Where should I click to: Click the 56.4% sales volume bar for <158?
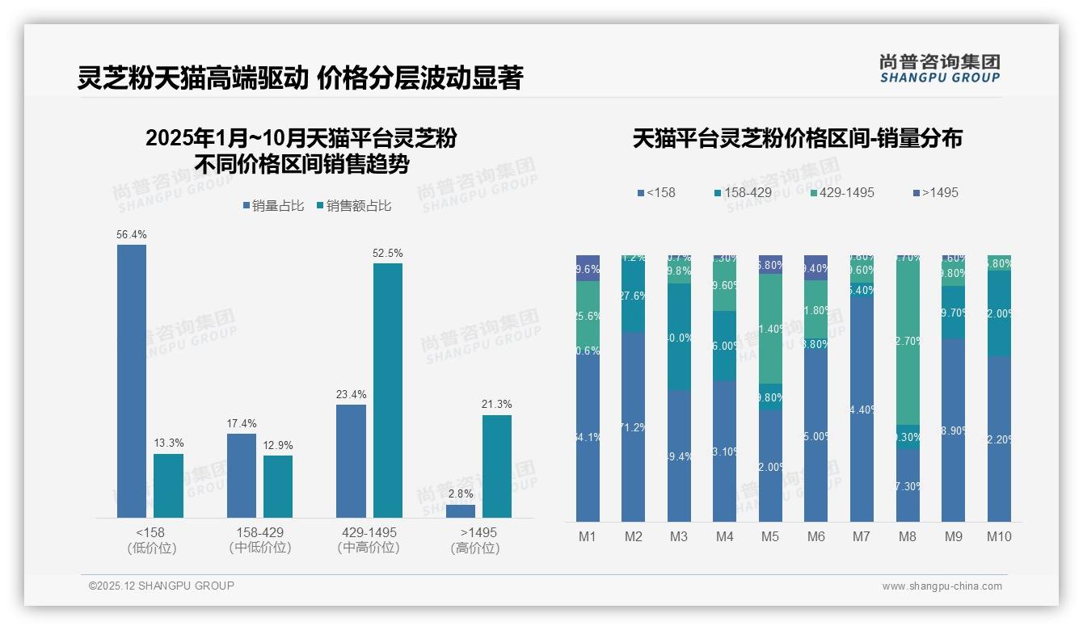click(x=132, y=380)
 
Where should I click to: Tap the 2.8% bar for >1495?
click(x=461, y=511)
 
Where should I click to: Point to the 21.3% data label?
click(x=497, y=404)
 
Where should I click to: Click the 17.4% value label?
click(x=242, y=423)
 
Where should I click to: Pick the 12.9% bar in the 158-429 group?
click(x=278, y=486)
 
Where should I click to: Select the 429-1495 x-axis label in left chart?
click(x=369, y=533)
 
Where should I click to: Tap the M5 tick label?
click(x=770, y=536)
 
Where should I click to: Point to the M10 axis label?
click(x=999, y=536)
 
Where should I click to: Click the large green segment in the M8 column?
click(x=908, y=339)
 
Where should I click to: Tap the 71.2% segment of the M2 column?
click(x=633, y=426)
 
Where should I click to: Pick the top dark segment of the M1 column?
click(x=588, y=268)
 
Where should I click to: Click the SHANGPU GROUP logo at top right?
click(x=939, y=68)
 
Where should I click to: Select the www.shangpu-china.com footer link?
click(x=942, y=586)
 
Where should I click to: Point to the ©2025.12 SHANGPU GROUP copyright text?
click(x=162, y=586)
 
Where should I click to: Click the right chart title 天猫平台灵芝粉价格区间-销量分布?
click(x=797, y=138)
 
